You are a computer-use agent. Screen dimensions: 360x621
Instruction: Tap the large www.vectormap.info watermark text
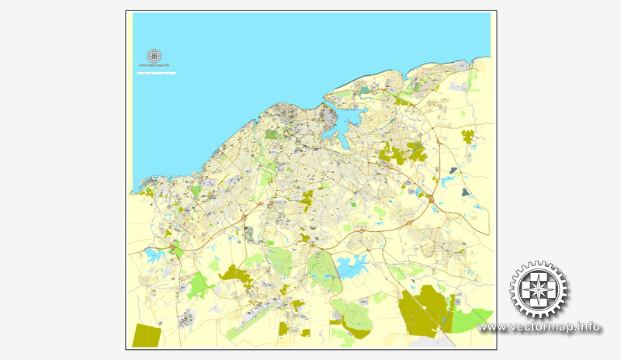click(x=539, y=327)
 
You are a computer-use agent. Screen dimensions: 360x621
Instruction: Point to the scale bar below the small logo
click(x=156, y=73)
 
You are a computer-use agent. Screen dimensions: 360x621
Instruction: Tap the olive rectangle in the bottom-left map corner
click(x=146, y=335)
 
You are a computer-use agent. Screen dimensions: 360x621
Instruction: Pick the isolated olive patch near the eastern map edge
click(x=468, y=137)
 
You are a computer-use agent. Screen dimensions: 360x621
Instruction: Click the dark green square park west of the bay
click(x=272, y=134)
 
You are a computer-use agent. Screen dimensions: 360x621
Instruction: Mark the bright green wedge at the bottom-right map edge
click(x=470, y=318)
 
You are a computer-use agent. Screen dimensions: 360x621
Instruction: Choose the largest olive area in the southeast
click(x=423, y=310)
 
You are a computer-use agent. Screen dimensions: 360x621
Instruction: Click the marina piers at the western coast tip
click(x=142, y=188)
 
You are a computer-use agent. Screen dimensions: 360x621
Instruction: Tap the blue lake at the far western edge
click(x=151, y=254)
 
